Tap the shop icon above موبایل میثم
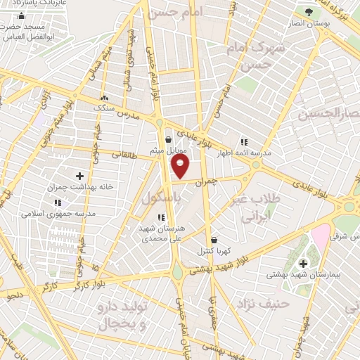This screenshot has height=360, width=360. click(x=167, y=140)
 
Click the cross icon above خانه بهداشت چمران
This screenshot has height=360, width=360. click(x=79, y=176)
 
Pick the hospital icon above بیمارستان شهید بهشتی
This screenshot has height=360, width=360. click(x=303, y=264)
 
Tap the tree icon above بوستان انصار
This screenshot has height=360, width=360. click(x=308, y=12)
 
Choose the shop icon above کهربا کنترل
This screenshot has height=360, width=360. click(x=214, y=239)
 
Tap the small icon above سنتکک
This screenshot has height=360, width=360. click(x=104, y=98)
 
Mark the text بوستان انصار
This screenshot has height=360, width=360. click(x=304, y=23)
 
